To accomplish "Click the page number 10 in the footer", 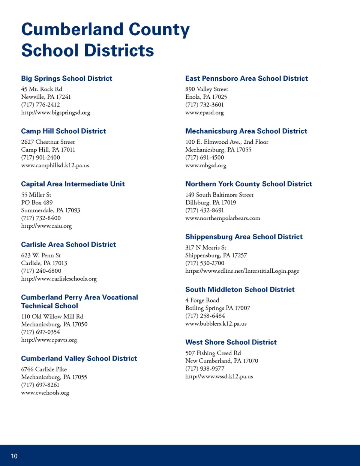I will tap(14, 456).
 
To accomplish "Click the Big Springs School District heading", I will tap(66, 78).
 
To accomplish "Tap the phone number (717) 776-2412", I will tap(40, 105).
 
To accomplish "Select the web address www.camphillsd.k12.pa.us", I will tap(55, 165).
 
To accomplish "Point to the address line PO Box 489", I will tap(37, 203).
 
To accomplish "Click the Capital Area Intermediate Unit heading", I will tap(73, 184).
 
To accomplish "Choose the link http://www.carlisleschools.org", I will tap(59, 279).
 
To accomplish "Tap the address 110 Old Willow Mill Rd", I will tap(52, 316).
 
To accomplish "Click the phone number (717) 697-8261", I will tap(40, 385).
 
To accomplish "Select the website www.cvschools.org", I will tap(45, 393).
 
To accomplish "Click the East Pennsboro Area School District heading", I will tap(246, 78).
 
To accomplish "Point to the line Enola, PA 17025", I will tap(206, 97).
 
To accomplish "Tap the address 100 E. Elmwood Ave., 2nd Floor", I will tap(226, 142).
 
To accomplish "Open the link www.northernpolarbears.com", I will tap(222, 218).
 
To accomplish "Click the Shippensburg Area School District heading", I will tap(244, 237).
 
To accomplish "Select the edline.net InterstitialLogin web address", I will tap(242, 271).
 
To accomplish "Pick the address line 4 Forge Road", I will tap(202, 300).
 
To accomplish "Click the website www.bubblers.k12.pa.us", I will tap(216, 323).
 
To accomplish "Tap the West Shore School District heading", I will tap(231, 342).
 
